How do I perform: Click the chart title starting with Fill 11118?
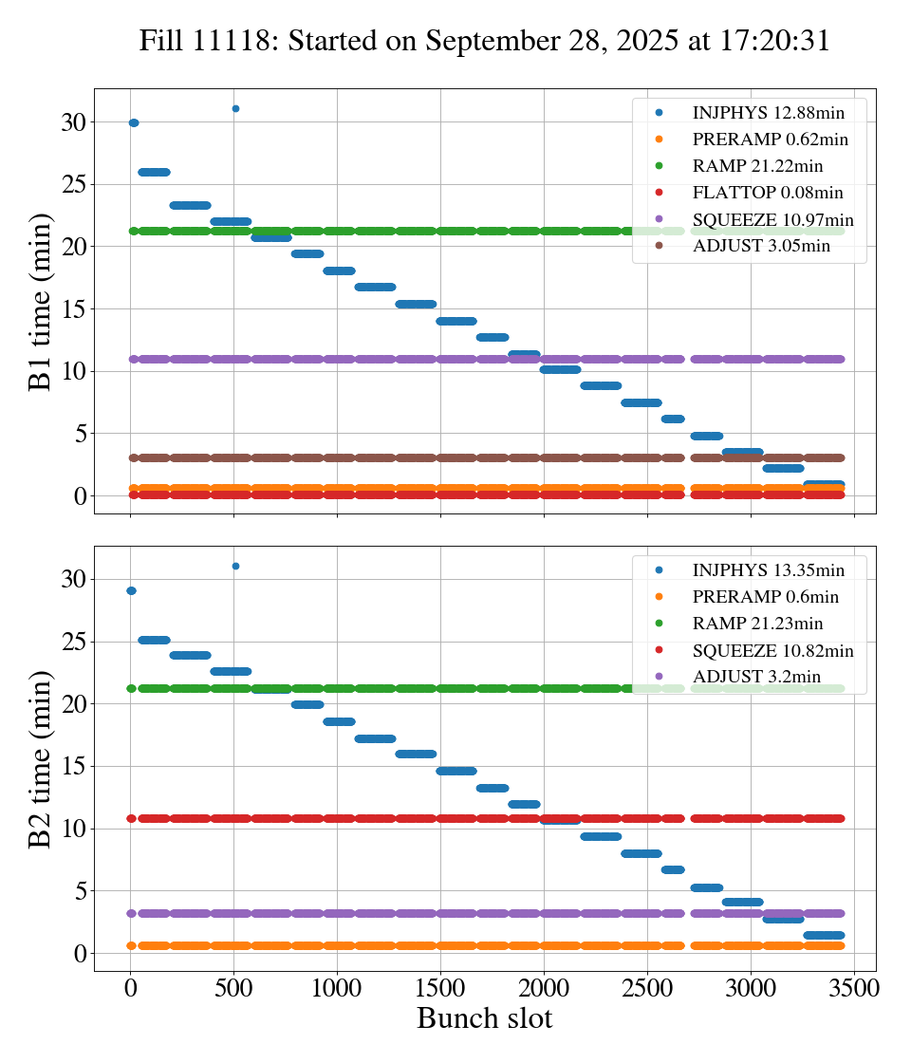(484, 41)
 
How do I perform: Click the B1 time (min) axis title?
(40, 302)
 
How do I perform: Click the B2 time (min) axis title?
(40, 758)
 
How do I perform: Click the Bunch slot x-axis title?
(484, 1018)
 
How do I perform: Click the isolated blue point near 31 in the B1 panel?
(235, 108)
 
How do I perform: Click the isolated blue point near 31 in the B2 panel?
(235, 566)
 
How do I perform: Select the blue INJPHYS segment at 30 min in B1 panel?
(134, 122)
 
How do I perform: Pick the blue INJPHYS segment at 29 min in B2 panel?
(131, 590)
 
